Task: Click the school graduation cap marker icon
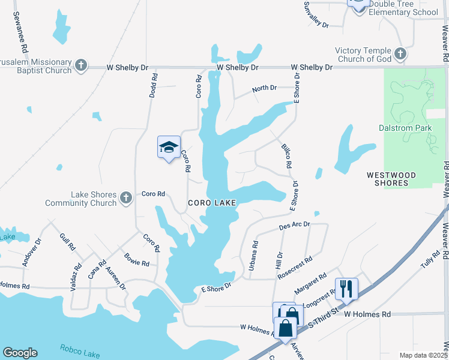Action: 169,147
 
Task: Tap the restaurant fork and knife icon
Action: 346,289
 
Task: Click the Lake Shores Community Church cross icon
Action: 125,197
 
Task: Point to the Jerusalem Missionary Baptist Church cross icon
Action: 82,65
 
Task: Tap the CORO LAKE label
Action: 212,203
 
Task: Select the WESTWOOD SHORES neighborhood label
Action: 391,179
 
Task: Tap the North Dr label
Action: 264,88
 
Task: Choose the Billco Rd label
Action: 286,155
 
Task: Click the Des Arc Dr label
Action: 294,226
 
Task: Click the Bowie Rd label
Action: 137,260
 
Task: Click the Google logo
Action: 20,353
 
